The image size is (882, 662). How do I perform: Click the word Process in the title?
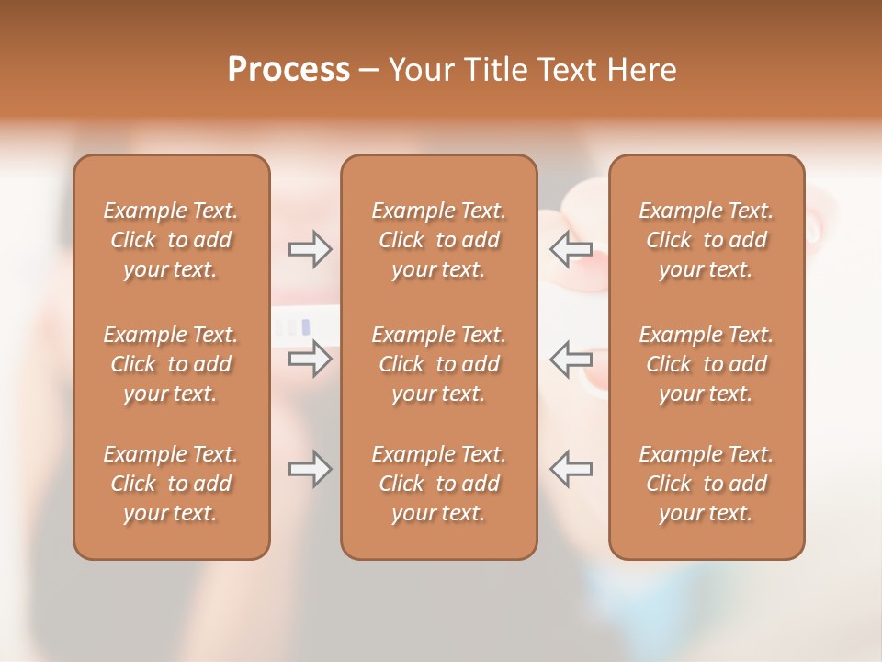click(288, 70)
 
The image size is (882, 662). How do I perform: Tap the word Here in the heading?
click(642, 70)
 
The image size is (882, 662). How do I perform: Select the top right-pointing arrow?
click(310, 249)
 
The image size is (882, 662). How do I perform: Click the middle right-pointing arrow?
click(310, 358)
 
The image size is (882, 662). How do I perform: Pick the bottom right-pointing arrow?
click(310, 469)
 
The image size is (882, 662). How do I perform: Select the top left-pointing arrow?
click(571, 249)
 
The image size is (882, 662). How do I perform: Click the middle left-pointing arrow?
click(571, 358)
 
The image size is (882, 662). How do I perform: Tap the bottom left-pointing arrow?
click(571, 469)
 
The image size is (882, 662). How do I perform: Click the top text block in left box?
click(171, 240)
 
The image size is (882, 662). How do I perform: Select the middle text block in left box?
click(171, 364)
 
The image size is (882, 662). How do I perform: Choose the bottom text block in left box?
click(171, 484)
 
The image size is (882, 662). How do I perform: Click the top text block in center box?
click(439, 240)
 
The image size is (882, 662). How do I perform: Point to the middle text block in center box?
click(439, 364)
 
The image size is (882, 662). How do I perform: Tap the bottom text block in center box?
click(439, 484)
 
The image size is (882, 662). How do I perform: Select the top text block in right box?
click(707, 240)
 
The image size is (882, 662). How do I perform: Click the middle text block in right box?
click(707, 364)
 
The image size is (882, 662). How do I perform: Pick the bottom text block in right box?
click(707, 484)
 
